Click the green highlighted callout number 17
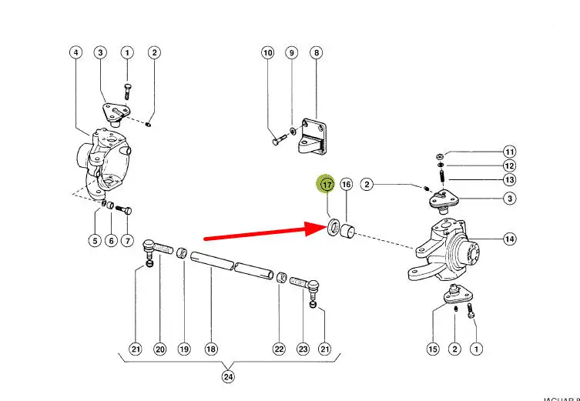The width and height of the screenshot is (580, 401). tap(327, 185)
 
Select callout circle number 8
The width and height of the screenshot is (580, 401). tap(316, 53)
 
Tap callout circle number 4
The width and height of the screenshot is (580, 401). tap(75, 53)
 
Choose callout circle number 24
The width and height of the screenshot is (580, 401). tap(228, 377)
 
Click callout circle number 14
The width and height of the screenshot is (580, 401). tap(510, 239)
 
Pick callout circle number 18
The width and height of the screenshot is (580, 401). tap(211, 349)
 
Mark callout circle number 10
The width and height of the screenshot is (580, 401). tap(267, 53)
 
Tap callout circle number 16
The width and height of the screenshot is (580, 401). tap(347, 185)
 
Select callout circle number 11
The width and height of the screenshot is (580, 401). tap(510, 152)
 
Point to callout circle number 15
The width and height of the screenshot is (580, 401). tap(433, 349)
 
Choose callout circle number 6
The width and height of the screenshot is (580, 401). tap(111, 241)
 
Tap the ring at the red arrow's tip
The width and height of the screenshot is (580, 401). tap(334, 227)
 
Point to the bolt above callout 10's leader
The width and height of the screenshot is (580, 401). tap(278, 141)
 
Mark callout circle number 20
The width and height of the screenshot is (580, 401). tap(160, 349)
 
